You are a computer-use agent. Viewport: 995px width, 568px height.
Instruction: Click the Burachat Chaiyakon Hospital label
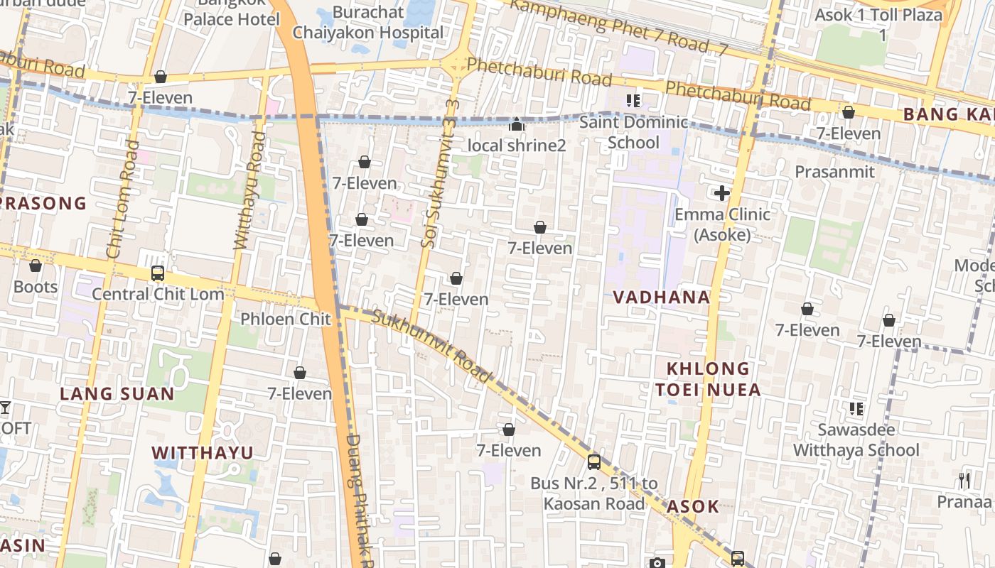tap(368, 23)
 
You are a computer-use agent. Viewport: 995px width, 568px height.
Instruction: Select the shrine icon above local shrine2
tap(517, 125)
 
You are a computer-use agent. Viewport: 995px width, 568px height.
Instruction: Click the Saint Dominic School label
tap(633, 132)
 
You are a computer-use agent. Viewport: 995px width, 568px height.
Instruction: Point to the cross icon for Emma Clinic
tap(722, 192)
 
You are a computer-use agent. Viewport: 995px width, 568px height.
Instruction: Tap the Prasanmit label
tap(834, 172)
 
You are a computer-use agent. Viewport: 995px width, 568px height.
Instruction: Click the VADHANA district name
tap(661, 297)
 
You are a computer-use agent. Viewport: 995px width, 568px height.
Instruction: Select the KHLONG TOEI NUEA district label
tap(708, 379)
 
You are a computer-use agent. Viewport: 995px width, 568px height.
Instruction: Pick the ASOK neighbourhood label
tap(692, 507)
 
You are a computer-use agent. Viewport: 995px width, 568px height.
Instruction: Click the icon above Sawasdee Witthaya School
tap(856, 409)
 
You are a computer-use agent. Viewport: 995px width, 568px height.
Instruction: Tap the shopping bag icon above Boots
tap(36, 266)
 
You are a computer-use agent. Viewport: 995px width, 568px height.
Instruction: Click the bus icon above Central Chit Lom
tap(158, 273)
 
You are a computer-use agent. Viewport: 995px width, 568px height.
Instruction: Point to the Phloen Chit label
tap(286, 319)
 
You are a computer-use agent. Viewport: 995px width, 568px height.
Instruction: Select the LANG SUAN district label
tap(117, 394)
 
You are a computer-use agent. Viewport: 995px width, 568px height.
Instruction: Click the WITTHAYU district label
tap(203, 453)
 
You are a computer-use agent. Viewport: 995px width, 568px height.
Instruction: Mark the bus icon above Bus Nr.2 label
tap(594, 462)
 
